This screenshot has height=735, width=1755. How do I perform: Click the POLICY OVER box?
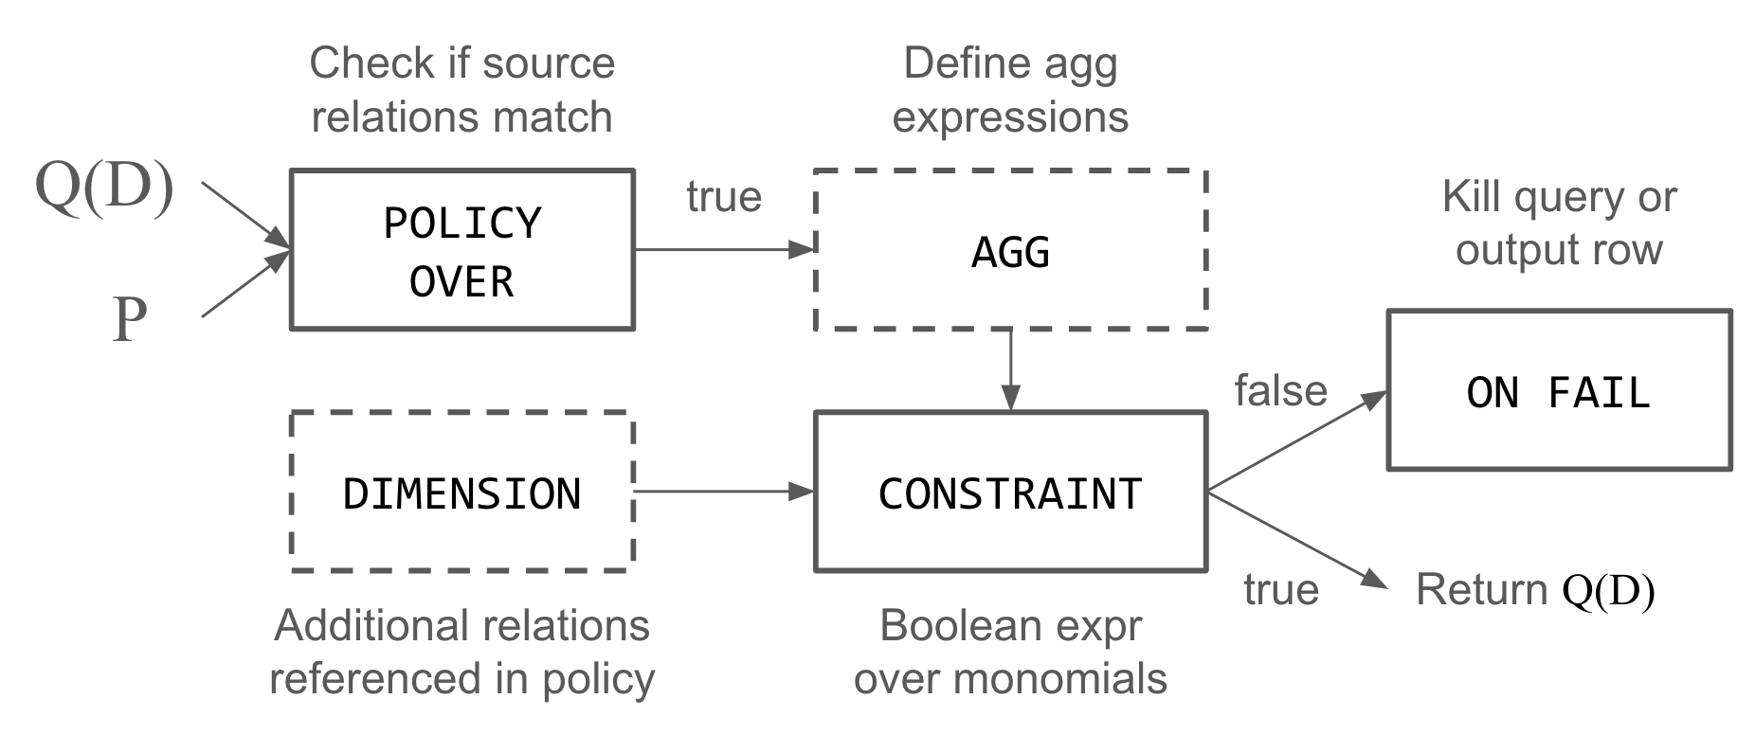[461, 250]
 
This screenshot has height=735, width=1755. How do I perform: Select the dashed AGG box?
[1010, 251]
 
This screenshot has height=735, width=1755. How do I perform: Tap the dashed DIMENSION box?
[461, 493]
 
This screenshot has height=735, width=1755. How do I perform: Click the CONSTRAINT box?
[1010, 493]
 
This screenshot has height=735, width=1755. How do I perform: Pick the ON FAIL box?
[1559, 390]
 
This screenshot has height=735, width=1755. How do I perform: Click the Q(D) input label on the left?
[104, 186]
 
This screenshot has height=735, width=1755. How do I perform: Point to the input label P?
[130, 319]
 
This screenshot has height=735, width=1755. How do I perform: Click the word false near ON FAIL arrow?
[1280, 390]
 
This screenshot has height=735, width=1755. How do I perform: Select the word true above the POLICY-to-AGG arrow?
[724, 197]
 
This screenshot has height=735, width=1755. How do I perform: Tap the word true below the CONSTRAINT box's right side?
[1281, 590]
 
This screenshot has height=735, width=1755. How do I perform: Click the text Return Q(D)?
[1534, 590]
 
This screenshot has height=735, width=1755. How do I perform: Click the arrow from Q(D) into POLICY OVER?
[244, 214]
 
